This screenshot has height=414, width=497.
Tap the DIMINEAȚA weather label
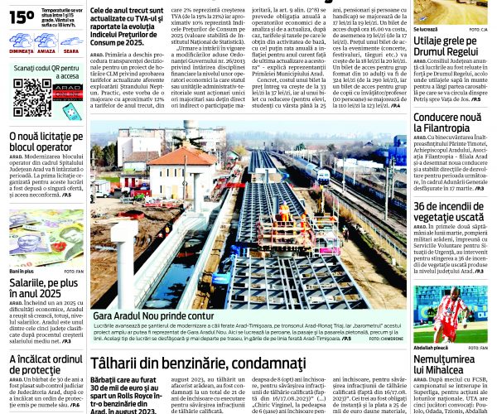point(22,51)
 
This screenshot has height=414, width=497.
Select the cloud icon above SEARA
point(70,39)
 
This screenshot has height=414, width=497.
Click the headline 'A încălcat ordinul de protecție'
point(46,363)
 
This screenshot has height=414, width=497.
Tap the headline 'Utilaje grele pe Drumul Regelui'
point(446,45)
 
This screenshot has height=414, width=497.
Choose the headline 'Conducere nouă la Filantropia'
point(446,123)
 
